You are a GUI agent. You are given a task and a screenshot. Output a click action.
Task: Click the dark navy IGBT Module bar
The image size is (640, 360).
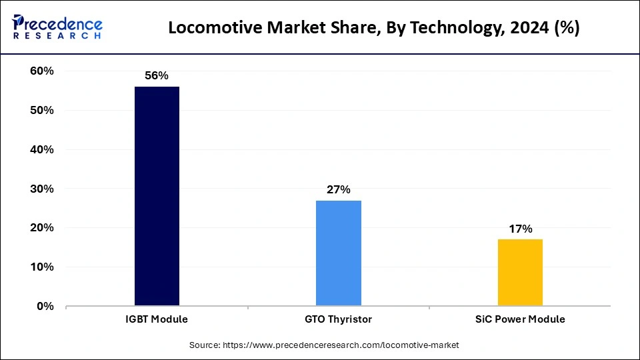click(157, 196)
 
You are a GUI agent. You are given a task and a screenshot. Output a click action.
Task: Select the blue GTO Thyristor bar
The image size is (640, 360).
click(339, 253)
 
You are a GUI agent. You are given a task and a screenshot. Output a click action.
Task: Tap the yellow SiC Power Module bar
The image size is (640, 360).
click(520, 273)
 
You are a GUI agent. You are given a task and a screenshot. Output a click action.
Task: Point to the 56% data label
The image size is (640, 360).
click(157, 76)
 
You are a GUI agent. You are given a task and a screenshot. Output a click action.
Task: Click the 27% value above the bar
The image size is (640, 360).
click(339, 190)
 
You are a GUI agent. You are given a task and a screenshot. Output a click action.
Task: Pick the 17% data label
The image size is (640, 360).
click(520, 229)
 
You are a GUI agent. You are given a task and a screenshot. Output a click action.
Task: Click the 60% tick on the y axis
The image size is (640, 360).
click(42, 71)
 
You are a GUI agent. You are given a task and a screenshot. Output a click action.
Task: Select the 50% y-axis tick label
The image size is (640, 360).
click(42, 111)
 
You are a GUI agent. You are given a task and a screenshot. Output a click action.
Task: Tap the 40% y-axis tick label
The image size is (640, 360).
click(42, 150)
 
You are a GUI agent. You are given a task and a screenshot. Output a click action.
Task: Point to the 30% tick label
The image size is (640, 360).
click(42, 189)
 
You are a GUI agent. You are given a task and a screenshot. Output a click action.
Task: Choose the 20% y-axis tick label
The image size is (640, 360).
click(42, 228)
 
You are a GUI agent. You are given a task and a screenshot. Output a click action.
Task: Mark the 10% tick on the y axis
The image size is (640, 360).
click(42, 267)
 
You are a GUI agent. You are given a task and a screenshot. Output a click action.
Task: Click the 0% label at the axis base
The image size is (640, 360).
click(45, 307)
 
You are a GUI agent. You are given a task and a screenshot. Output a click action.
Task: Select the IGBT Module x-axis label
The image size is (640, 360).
click(157, 319)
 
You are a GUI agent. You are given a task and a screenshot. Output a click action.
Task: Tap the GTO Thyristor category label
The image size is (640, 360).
click(339, 319)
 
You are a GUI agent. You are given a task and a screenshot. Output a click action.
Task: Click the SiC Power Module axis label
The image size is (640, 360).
click(520, 319)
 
